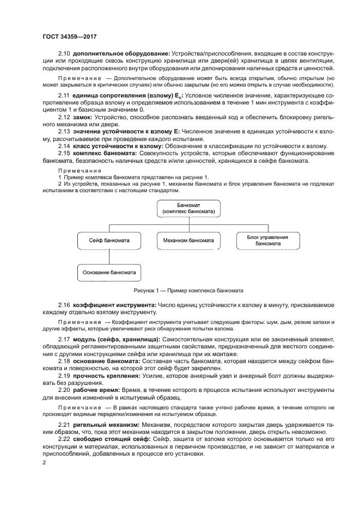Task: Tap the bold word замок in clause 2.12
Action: (x=82, y=117)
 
